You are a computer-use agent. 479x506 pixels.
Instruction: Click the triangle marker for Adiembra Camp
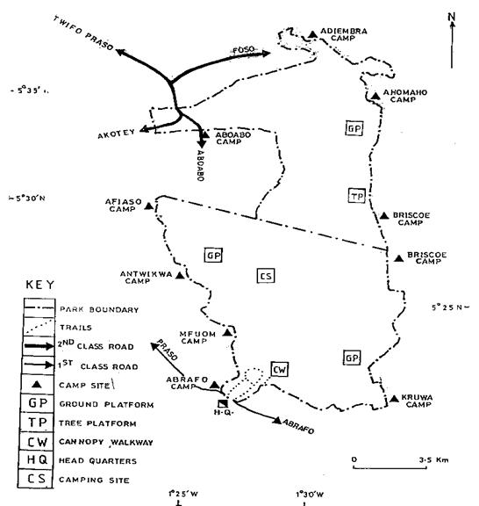[312, 34]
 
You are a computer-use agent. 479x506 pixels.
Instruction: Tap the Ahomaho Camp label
[404, 96]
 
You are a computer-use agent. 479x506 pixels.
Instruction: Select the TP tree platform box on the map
[356, 196]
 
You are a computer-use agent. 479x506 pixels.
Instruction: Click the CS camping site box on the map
[266, 276]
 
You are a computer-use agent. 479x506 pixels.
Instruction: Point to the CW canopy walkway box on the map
[279, 370]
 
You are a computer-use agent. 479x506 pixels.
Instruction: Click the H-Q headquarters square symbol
[223, 403]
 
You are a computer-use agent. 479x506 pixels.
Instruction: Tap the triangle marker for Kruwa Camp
[394, 399]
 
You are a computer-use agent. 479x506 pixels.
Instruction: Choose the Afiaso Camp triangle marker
[148, 206]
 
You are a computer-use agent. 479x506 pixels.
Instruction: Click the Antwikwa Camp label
[146, 278]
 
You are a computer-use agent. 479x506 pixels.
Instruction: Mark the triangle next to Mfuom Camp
[227, 332]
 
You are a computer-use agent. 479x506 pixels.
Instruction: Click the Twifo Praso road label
[83, 33]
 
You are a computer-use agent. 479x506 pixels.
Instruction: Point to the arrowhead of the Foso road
[267, 54]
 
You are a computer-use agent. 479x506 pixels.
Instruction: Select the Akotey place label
[116, 134]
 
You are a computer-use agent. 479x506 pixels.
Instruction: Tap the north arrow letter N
[452, 17]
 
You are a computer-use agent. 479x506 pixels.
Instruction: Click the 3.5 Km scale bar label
[434, 459]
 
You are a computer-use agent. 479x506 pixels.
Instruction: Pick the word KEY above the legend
[40, 285]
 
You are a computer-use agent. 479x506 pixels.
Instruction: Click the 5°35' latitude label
[29, 90]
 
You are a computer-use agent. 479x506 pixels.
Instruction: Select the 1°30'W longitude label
[310, 494]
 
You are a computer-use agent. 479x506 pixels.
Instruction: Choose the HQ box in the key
[36, 459]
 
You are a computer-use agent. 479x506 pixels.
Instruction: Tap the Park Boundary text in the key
[99, 310]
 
